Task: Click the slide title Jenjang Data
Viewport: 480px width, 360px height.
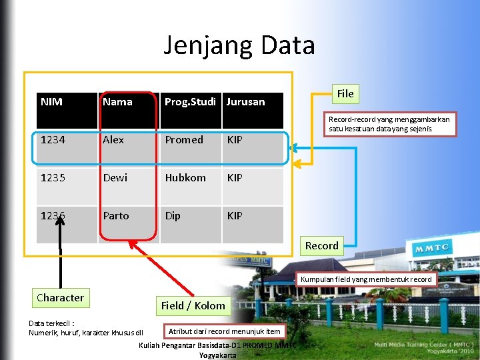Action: pyautogui.click(x=239, y=45)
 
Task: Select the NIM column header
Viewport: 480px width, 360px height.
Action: pyautogui.click(x=51, y=102)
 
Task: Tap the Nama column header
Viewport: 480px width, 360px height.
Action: pyautogui.click(x=117, y=102)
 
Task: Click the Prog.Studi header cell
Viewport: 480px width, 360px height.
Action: pyautogui.click(x=190, y=102)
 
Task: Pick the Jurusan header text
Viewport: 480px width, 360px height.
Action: pyautogui.click(x=245, y=102)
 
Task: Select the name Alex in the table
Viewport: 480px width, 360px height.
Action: pyautogui.click(x=113, y=140)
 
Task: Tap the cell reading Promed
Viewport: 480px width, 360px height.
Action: pyautogui.click(x=184, y=140)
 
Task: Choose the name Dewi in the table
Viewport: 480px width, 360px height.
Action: pyautogui.click(x=115, y=178)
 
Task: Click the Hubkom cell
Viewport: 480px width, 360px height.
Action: pyautogui.click(x=185, y=178)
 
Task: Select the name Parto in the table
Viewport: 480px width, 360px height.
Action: pyautogui.click(x=116, y=216)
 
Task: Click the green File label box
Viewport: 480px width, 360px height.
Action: pyautogui.click(x=345, y=94)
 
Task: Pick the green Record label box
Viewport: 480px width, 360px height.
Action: pyautogui.click(x=322, y=246)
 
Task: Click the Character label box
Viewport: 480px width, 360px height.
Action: pyautogui.click(x=60, y=298)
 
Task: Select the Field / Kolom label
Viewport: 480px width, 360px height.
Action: pyautogui.click(x=193, y=306)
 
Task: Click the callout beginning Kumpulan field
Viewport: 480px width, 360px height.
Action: pyautogui.click(x=366, y=279)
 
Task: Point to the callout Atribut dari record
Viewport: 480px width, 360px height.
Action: pyautogui.click(x=225, y=331)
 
